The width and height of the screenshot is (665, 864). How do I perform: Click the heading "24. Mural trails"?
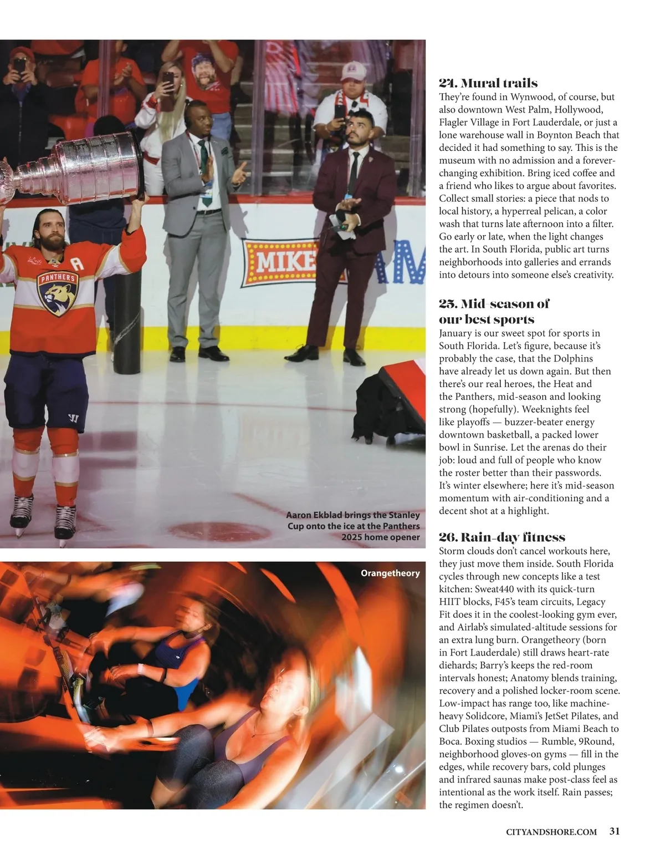pos(488,83)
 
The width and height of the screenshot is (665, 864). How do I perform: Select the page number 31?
pos(615,831)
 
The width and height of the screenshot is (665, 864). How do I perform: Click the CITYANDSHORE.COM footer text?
pos(551,831)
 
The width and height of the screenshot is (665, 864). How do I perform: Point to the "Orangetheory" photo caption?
pos(390,573)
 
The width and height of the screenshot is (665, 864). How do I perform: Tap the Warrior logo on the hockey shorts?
pos(72,418)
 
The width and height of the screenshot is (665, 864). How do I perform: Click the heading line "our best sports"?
pos(487,319)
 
